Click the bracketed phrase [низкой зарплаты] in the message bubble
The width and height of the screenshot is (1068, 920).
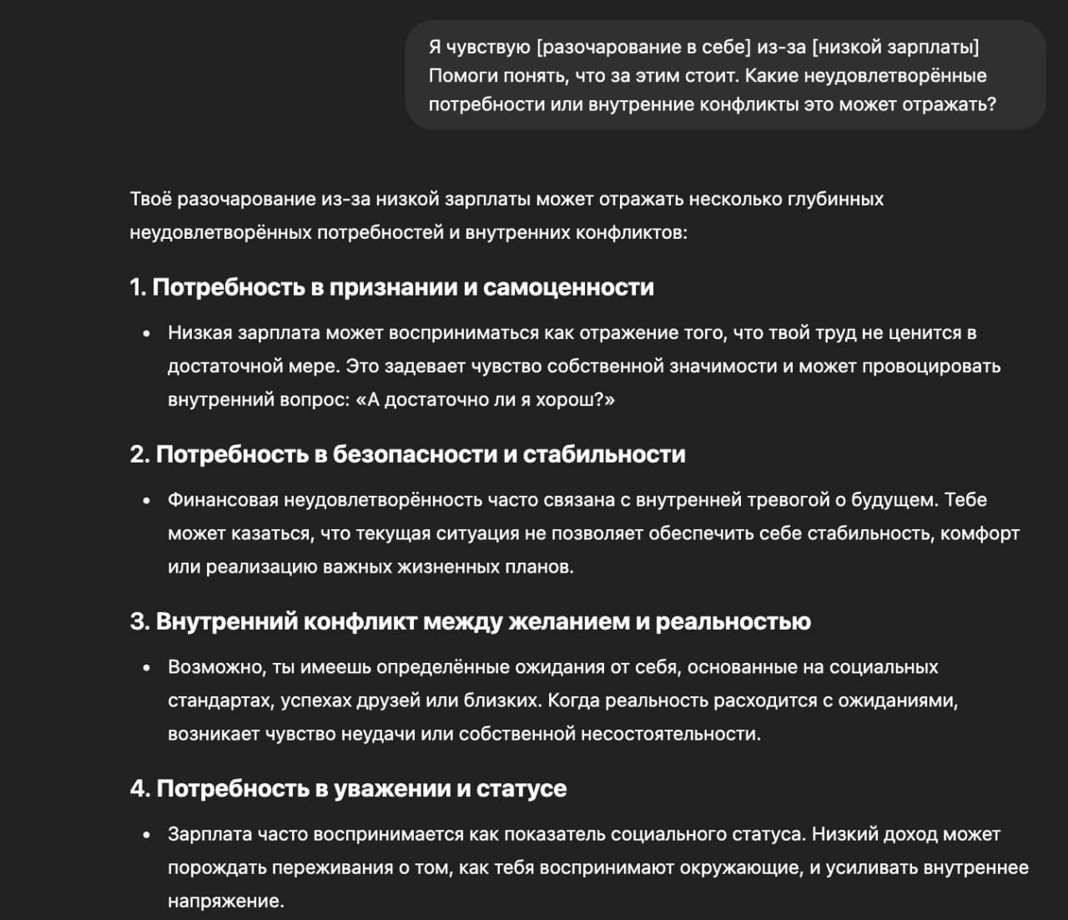click(895, 47)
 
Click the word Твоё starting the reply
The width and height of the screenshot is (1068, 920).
click(151, 200)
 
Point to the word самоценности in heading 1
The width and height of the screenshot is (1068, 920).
click(568, 287)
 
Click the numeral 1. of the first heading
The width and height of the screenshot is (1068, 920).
click(138, 287)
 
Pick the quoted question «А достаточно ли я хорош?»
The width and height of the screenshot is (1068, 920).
click(486, 400)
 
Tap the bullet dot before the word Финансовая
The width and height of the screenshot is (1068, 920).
click(147, 500)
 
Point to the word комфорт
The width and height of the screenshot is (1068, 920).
click(980, 533)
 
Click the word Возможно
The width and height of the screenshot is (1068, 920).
click(216, 667)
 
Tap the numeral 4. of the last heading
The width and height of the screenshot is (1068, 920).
click(140, 788)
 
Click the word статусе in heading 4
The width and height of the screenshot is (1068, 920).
click(521, 788)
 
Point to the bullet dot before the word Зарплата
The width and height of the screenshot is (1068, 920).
click(147, 834)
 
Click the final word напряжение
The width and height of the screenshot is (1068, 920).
click(225, 901)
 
